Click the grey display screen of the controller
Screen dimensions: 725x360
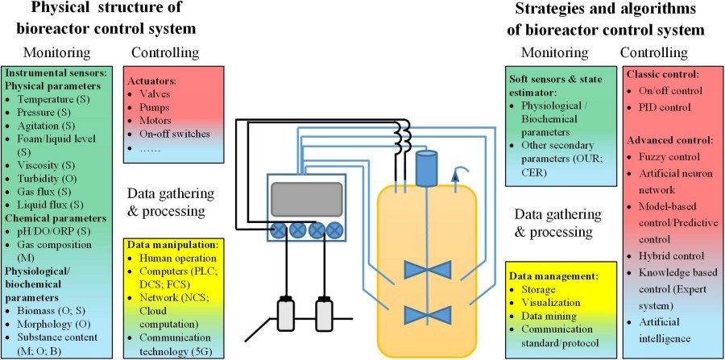coord(307,199)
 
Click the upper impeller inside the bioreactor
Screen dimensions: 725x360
coord(428,270)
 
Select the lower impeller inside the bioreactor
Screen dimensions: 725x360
coord(428,315)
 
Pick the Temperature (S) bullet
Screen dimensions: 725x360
coord(53,99)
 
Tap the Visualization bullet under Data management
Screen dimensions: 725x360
coord(551,303)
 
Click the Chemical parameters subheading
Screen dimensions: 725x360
coord(55,217)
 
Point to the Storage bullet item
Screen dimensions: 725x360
coord(538,290)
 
